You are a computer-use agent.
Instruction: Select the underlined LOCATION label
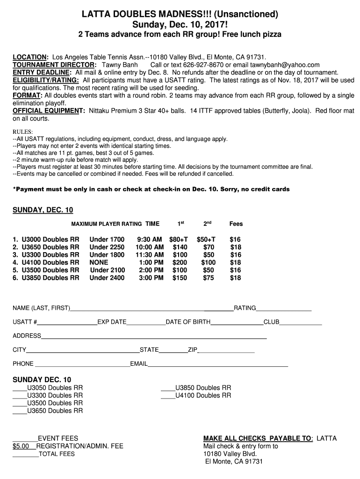click(30, 57)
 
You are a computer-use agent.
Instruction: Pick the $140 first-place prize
click(180, 247)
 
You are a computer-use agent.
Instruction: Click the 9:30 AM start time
click(150, 239)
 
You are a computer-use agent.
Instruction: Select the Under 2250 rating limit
click(107, 247)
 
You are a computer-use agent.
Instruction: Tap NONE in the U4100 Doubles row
click(99, 262)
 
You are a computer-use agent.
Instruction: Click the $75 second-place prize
click(209, 278)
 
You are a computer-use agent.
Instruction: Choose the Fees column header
click(236, 224)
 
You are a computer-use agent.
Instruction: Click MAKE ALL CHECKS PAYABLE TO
click(257, 438)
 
